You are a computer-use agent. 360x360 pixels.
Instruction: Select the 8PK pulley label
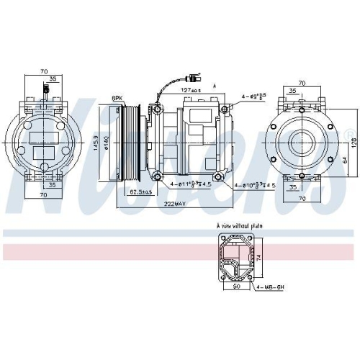click(117, 99)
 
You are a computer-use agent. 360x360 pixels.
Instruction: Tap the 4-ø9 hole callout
click(253, 95)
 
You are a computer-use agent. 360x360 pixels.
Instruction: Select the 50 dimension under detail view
click(237, 285)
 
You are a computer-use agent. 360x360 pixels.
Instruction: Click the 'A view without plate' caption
click(239, 225)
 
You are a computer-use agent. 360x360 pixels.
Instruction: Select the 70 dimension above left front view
click(44, 72)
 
